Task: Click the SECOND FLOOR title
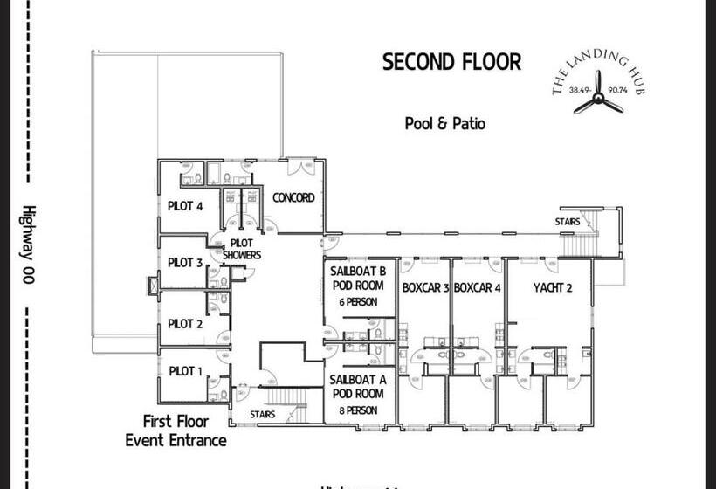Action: point(451,62)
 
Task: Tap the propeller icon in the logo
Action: point(598,103)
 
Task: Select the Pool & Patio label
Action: point(444,123)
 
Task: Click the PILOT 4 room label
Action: point(185,206)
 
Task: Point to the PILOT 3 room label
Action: point(185,262)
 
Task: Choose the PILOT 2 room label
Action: point(185,324)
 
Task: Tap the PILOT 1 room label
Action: point(185,371)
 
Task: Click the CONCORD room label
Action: point(293,197)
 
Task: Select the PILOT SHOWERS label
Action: point(241,250)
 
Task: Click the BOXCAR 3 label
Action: point(425,287)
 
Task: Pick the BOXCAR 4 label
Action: point(478,287)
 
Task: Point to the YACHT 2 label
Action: point(553,287)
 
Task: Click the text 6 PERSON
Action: point(357,301)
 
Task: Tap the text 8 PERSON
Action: point(357,409)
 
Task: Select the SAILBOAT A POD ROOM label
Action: point(357,386)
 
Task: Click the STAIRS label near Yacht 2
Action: point(567,223)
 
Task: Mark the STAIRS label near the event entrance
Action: point(263,415)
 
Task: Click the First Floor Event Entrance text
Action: point(176,430)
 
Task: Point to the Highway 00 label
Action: point(29,244)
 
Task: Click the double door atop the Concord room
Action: point(301,163)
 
